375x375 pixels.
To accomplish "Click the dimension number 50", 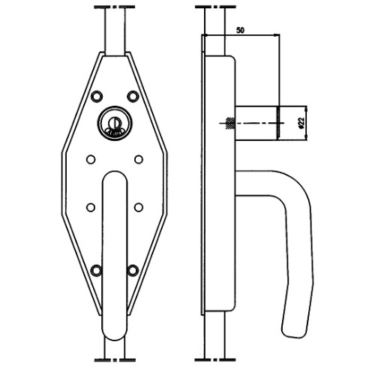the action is click(x=240, y=31).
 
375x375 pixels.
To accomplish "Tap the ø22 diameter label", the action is click(x=301, y=122).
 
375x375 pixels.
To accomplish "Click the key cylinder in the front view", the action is click(x=115, y=123).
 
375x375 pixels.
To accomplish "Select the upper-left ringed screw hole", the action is click(x=97, y=96).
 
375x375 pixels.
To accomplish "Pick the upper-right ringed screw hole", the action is click(x=133, y=96).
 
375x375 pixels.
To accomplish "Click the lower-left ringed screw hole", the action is click(x=97, y=270).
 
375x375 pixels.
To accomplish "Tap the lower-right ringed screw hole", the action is click(x=133, y=270).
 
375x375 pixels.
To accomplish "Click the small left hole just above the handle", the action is click(x=91, y=159).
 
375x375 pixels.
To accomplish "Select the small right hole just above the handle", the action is click(x=139, y=159).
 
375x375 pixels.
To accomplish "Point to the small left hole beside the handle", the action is click(x=91, y=207).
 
